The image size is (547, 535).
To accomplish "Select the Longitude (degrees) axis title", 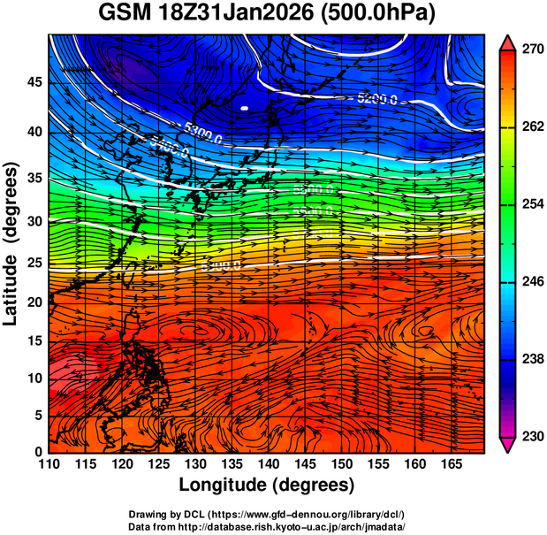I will coord(267,485).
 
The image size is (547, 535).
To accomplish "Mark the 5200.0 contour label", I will coord(377,98).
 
